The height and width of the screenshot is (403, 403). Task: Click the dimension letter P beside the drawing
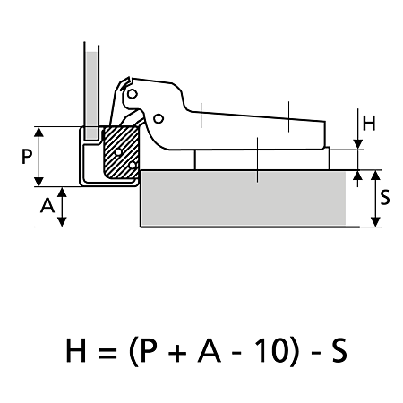pyautogui.click(x=27, y=157)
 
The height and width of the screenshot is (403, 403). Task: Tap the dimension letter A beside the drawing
pyautogui.click(x=47, y=205)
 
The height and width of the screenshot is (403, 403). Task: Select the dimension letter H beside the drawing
pyautogui.click(x=369, y=124)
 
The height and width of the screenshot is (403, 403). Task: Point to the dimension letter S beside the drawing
pyautogui.click(x=385, y=198)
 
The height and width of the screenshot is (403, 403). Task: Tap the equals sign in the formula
pyautogui.click(x=107, y=352)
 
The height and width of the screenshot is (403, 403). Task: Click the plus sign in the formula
pyautogui.click(x=177, y=352)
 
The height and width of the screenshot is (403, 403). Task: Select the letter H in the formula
pyautogui.click(x=76, y=350)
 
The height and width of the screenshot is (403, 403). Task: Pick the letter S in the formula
pyautogui.click(x=339, y=350)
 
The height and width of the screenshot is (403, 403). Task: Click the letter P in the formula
pyautogui.click(x=149, y=350)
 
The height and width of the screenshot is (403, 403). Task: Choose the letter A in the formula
pyautogui.click(x=209, y=350)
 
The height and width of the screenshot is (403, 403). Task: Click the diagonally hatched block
pyautogui.click(x=121, y=152)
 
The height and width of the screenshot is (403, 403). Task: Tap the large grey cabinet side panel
pyautogui.click(x=244, y=198)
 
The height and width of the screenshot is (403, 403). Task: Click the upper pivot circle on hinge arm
pyautogui.click(x=132, y=94)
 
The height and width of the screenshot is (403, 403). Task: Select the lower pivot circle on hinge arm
pyautogui.click(x=159, y=119)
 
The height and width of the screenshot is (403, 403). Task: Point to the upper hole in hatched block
pyautogui.click(x=118, y=152)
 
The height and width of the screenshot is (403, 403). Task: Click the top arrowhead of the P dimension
pyautogui.click(x=39, y=132)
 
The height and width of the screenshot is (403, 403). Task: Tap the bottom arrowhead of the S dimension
pyautogui.click(x=375, y=222)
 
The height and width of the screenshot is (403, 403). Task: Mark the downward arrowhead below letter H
pyautogui.click(x=357, y=144)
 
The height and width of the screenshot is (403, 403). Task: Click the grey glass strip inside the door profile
pyautogui.click(x=91, y=95)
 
